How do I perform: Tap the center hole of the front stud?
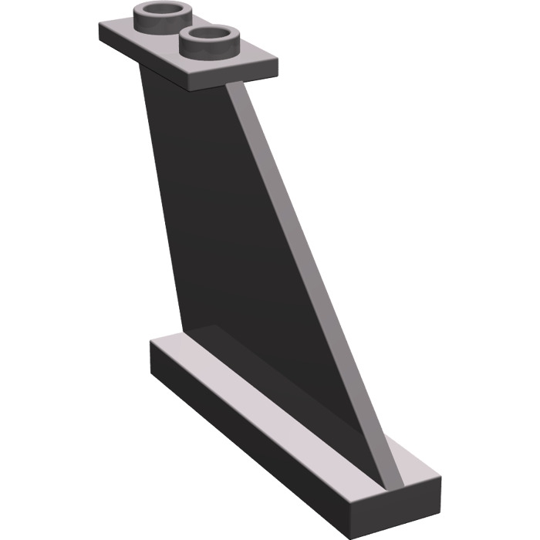(x=208, y=35)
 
